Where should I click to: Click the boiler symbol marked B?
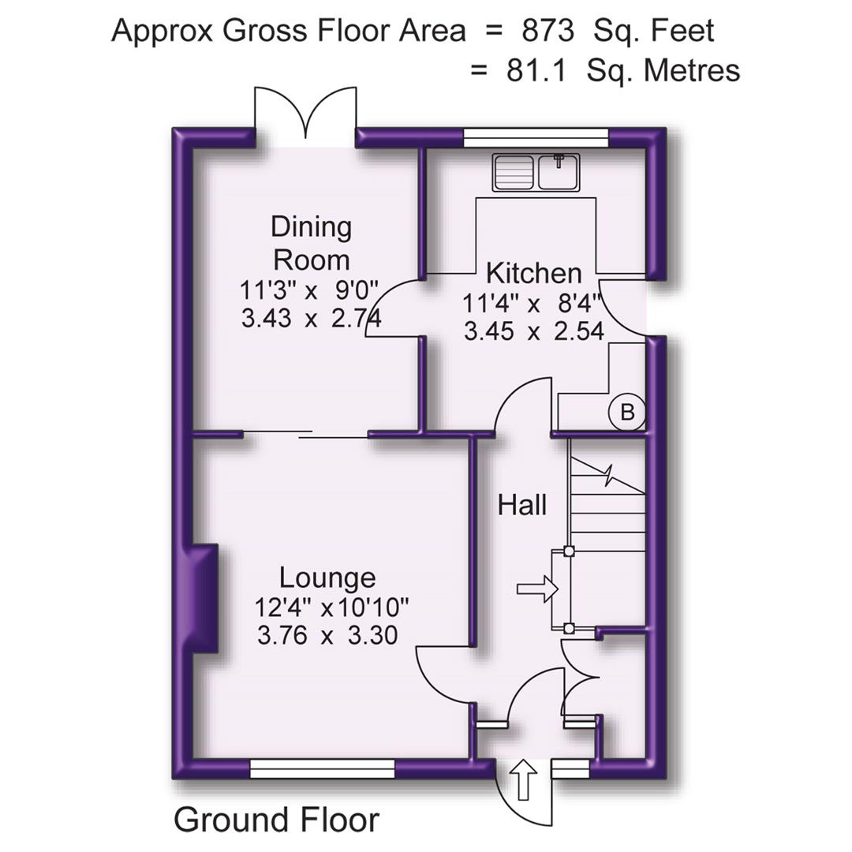[627, 412]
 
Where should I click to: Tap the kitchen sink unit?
[536, 172]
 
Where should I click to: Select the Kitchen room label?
[534, 274]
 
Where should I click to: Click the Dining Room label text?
[311, 243]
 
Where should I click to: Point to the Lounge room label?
[327, 577]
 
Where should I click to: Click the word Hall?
[522, 505]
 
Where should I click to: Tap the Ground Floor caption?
[276, 820]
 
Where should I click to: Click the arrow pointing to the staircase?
[536, 589]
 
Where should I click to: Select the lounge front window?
[322, 768]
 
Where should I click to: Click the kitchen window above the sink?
[536, 138]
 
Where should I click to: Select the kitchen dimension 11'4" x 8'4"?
[532, 302]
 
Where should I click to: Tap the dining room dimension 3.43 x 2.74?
[311, 319]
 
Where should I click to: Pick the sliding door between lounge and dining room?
[305, 434]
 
